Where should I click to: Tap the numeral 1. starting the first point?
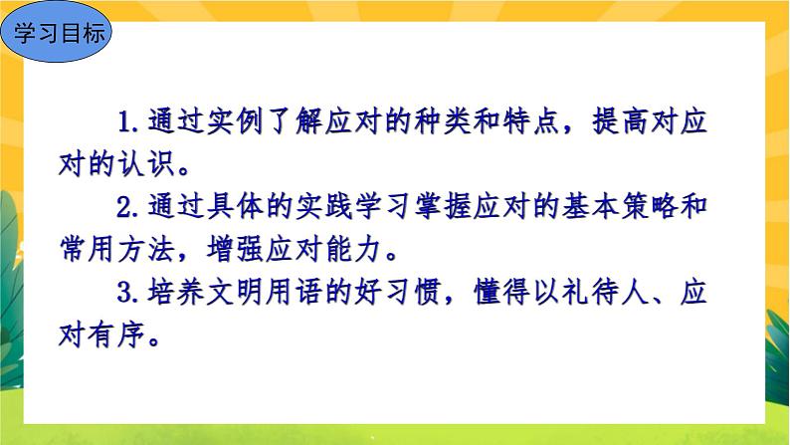[128, 123]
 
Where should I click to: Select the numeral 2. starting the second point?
[128, 210]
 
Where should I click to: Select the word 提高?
[622, 123]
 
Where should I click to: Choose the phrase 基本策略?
[622, 210]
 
